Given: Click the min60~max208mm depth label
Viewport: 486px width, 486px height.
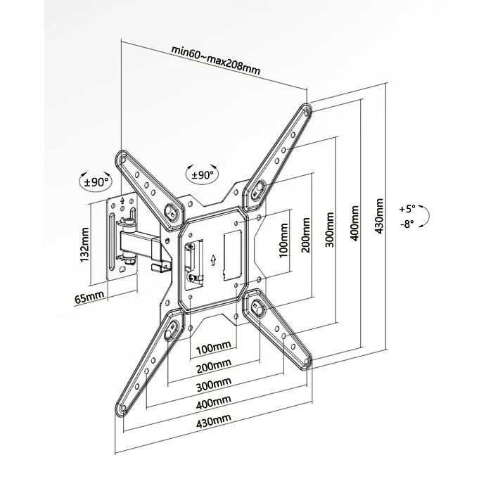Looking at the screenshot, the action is click(x=216, y=60).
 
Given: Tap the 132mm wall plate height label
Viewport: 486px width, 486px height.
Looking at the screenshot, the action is click(x=84, y=245).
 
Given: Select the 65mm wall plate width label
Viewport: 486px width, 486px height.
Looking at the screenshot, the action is click(x=89, y=298).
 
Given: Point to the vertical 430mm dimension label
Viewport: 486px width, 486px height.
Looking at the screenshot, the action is click(x=379, y=216).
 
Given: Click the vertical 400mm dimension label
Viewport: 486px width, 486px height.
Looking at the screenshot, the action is click(x=354, y=223).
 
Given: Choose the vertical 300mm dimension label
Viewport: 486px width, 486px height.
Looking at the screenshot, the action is click(x=330, y=230).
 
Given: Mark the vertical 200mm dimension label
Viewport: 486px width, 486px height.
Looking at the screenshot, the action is click(x=306, y=235).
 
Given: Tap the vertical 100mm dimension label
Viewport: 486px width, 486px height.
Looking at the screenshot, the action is click(x=283, y=241).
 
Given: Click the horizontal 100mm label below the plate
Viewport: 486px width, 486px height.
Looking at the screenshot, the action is click(x=214, y=347).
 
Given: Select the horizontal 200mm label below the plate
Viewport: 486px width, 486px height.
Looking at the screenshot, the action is click(x=214, y=366).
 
